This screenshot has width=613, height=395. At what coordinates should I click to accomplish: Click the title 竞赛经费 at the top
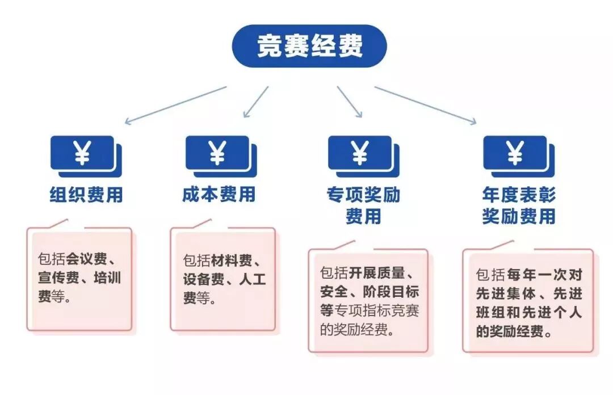click(309, 46)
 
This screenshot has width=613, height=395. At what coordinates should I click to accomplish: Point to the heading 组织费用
click(86, 195)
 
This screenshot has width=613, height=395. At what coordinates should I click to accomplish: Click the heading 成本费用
click(219, 195)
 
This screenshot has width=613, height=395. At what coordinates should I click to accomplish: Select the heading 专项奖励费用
click(363, 205)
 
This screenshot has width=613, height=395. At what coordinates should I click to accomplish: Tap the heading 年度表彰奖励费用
click(518, 205)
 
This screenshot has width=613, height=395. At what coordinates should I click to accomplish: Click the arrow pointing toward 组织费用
click(175, 104)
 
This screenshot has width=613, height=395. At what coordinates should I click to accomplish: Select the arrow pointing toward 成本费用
click(256, 102)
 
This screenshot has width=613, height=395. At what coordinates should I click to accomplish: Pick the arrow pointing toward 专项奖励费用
click(350, 102)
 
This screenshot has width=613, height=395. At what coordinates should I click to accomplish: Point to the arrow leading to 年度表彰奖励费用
click(425, 104)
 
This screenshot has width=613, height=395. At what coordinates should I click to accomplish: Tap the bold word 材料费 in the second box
click(231, 260)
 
